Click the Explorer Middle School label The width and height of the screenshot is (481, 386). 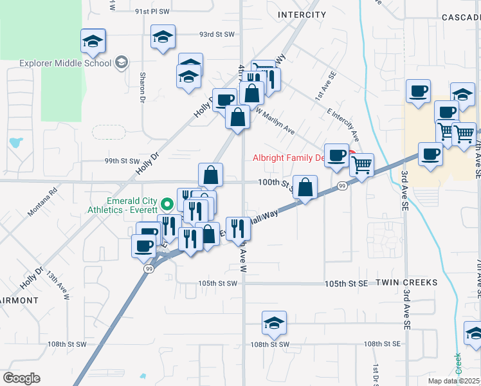(66, 63)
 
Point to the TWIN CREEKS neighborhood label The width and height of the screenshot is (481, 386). (406, 282)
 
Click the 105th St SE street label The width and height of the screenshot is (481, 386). (346, 284)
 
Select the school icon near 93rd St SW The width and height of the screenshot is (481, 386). (163, 37)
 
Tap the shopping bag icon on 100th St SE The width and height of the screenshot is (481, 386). (305, 188)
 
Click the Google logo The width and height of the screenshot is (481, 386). (21, 378)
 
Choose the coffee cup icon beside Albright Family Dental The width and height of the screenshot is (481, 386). (336, 156)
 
